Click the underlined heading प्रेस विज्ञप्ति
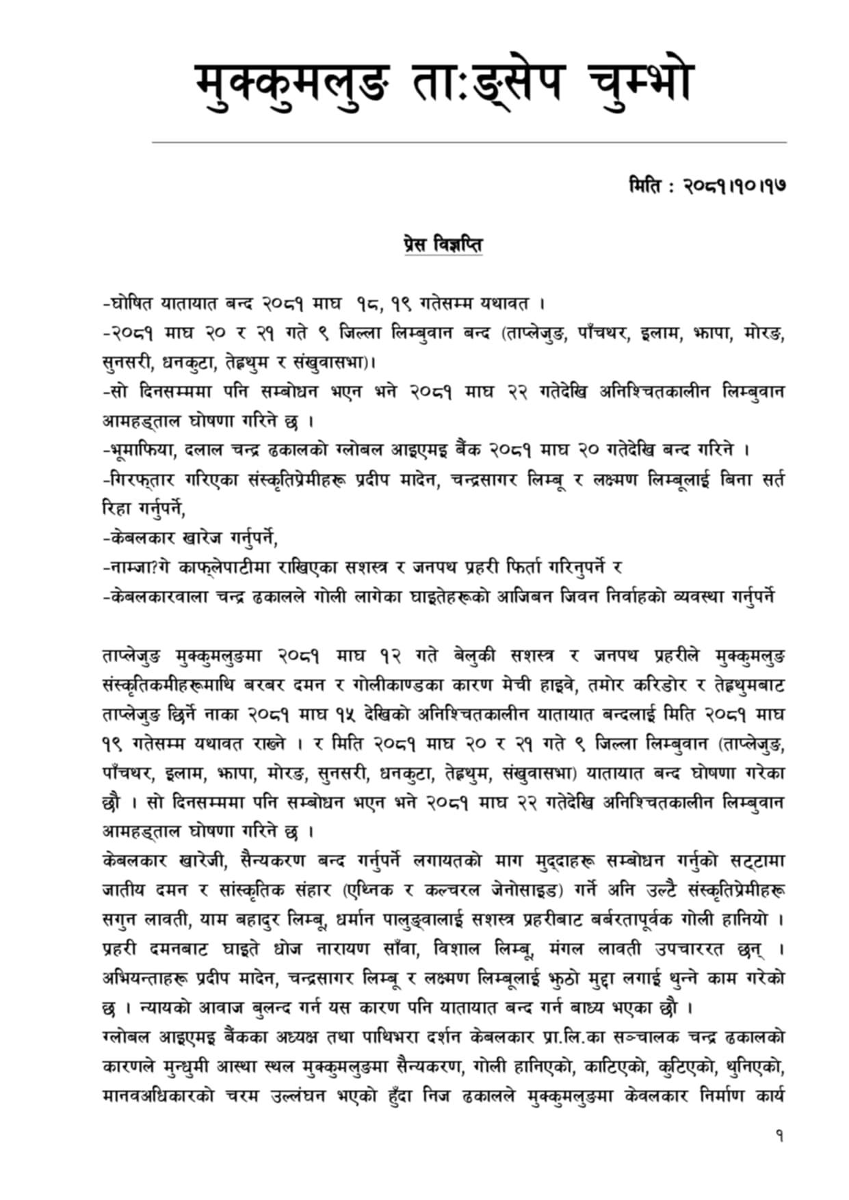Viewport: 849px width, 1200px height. click(443, 244)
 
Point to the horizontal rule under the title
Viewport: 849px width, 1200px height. click(469, 142)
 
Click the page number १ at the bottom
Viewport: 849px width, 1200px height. click(779, 1136)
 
